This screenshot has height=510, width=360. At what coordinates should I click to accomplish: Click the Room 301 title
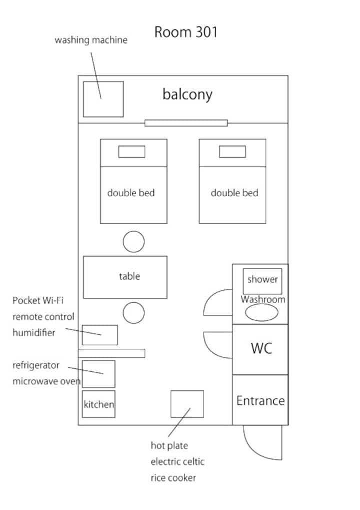point(185,33)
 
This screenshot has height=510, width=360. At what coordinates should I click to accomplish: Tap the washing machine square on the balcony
point(103,99)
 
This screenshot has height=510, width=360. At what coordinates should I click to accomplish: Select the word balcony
point(187,94)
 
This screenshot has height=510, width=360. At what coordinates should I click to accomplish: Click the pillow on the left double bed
point(131,152)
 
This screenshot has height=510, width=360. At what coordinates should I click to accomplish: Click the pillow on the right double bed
point(232,152)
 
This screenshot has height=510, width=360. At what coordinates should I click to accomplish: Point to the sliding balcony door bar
point(186,123)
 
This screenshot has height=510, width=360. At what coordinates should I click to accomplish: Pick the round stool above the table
point(133,242)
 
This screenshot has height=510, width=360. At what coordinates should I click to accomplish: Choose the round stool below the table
point(133,313)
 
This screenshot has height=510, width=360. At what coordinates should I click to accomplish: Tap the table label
point(129,276)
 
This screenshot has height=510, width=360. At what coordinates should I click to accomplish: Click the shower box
point(262,280)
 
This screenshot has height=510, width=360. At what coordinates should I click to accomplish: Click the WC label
point(261,348)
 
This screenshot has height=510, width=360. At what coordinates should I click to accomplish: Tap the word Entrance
point(260,400)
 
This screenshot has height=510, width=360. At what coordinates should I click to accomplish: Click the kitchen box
point(98,404)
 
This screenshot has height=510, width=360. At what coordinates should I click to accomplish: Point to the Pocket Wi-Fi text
point(38,301)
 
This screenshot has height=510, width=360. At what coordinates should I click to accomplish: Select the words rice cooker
point(173,478)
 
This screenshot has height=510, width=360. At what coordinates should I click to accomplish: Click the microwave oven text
point(46,381)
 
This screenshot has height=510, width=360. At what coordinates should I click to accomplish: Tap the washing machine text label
point(91,40)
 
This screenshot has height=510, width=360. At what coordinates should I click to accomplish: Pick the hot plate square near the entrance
point(187,404)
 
